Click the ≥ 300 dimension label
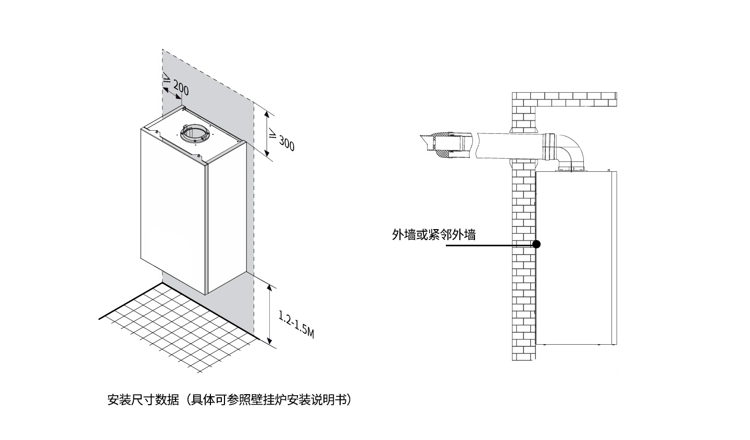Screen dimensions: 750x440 282,140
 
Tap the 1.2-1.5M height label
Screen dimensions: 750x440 296,324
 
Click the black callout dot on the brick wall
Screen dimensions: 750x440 536,244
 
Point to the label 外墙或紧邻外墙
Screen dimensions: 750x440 433,234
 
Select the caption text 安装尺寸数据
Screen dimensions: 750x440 143,399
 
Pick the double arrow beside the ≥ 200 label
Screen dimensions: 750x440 172,93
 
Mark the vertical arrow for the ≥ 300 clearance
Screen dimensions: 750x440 267,134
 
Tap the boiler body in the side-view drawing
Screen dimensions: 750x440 576,258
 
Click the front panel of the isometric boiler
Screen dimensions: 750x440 173,211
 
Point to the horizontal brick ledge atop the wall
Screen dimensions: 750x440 565,99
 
